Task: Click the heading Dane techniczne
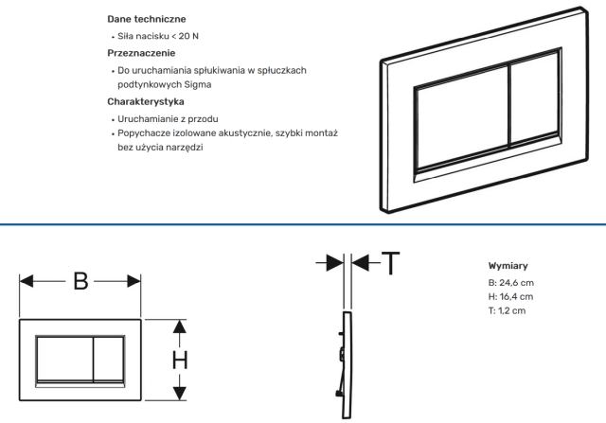click(147, 19)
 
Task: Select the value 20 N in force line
click(188, 36)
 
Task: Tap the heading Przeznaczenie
click(141, 53)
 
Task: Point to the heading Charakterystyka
click(146, 101)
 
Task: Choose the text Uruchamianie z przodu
click(168, 118)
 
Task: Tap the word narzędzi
click(187, 148)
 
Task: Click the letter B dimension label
click(80, 281)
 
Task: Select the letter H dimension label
click(180, 360)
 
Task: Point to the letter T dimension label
click(390, 263)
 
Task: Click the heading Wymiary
click(508, 266)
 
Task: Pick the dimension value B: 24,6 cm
click(511, 283)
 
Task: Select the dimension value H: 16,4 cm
click(510, 297)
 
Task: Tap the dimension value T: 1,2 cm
click(507, 310)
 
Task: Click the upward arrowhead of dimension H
click(179, 326)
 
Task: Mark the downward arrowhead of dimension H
click(179, 394)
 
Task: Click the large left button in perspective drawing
click(463, 118)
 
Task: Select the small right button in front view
click(109, 359)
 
